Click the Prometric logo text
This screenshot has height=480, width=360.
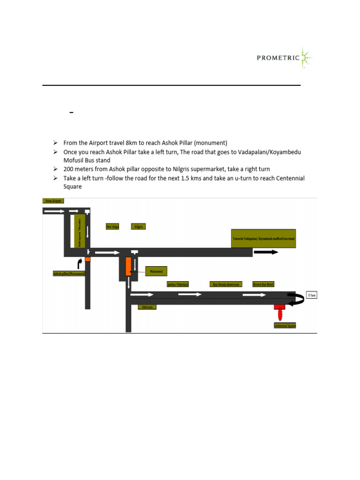click(x=278, y=58)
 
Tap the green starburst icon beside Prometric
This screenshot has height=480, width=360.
click(x=306, y=58)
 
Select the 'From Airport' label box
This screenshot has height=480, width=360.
click(x=53, y=201)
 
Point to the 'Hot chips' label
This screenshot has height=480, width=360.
click(x=112, y=226)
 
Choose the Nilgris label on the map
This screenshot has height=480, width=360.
click(x=139, y=226)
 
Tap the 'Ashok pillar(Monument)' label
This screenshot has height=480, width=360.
click(x=69, y=273)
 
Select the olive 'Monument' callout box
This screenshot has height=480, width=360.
click(x=157, y=271)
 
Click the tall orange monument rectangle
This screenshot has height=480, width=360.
click(x=128, y=266)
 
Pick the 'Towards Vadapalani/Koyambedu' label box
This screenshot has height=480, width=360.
click(x=264, y=239)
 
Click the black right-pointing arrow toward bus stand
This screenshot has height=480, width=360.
click(x=265, y=252)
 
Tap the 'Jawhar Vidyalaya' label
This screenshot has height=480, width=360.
click(x=178, y=284)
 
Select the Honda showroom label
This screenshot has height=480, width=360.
click(x=226, y=284)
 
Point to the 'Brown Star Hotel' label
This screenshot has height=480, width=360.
click(x=263, y=284)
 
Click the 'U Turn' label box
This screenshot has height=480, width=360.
click(x=311, y=295)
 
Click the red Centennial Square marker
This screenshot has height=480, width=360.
click(x=280, y=310)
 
